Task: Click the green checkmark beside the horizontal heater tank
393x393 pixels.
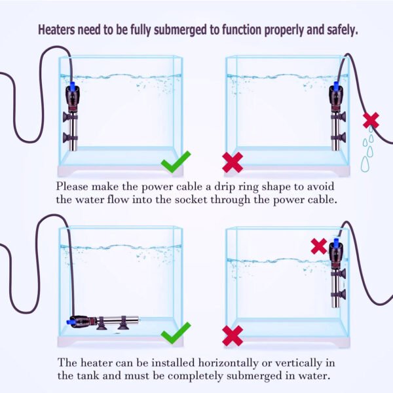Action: tap(176, 333)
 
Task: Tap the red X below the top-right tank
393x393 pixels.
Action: tap(233, 162)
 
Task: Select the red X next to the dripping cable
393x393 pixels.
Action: tap(371, 120)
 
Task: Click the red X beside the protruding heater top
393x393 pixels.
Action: tap(318, 246)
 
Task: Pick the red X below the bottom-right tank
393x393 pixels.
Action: tap(233, 336)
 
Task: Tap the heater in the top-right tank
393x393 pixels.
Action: tap(338, 118)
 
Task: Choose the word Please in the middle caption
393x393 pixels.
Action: tap(73, 185)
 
